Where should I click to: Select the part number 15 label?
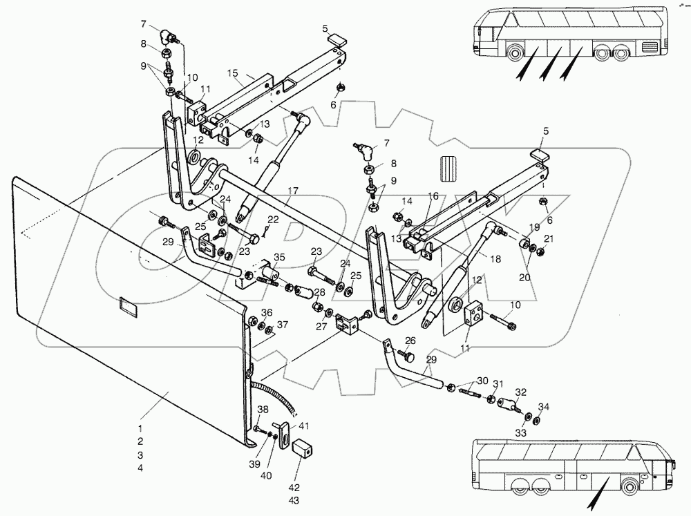[x=232, y=73]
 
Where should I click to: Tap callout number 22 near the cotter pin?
[x=274, y=219]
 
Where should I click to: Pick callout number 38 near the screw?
[x=262, y=410]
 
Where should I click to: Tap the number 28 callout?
[x=319, y=293]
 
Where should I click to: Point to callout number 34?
[x=544, y=406]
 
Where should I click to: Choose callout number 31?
[x=498, y=385]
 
